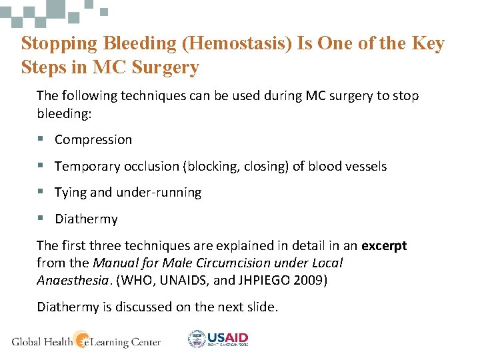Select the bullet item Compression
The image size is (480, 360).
[93, 140]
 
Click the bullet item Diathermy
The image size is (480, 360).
[86, 219]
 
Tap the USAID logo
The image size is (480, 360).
[218, 339]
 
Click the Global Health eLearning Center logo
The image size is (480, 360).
[86, 341]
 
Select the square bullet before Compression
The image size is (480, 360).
[41, 140]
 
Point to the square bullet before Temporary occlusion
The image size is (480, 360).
[41, 166]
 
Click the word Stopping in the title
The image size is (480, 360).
[59, 44]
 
